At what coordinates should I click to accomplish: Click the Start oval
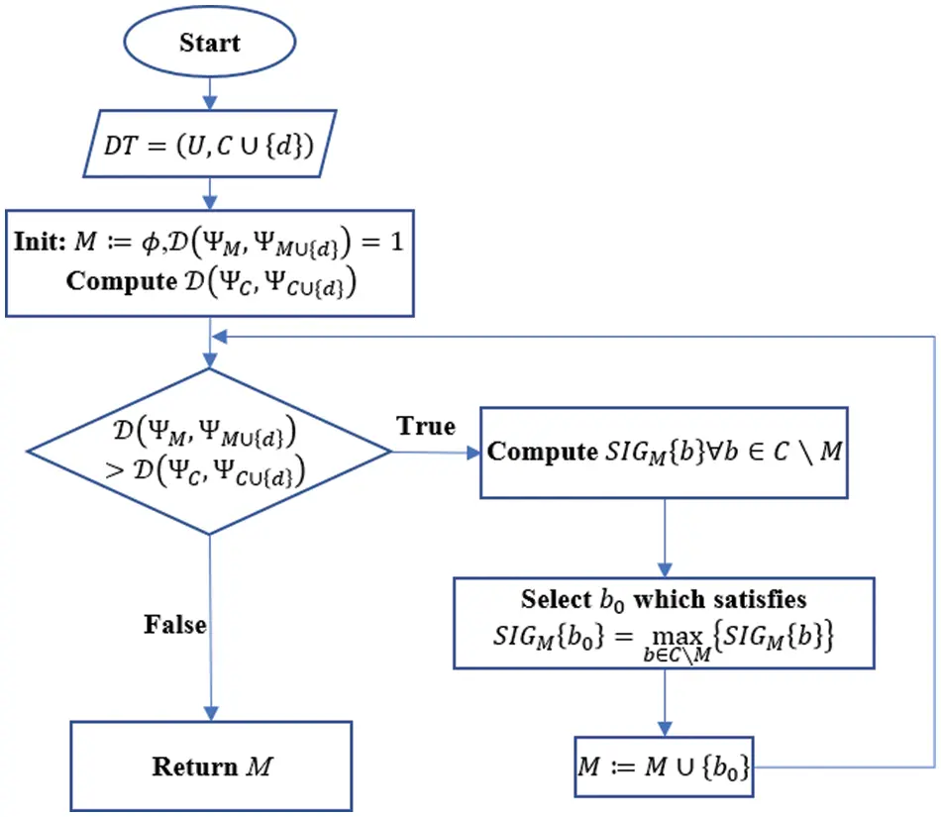209,43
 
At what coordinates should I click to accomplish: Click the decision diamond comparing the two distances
209,452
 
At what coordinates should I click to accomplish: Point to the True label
426,426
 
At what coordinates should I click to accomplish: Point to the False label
175,625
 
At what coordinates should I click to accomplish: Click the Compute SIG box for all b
664,453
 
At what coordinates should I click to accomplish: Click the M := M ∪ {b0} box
664,766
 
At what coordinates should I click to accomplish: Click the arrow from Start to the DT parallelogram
210,95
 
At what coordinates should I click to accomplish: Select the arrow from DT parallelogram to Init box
210,192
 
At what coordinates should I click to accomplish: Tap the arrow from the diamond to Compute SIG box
436,453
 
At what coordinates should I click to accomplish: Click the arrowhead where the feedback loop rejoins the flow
220,337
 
